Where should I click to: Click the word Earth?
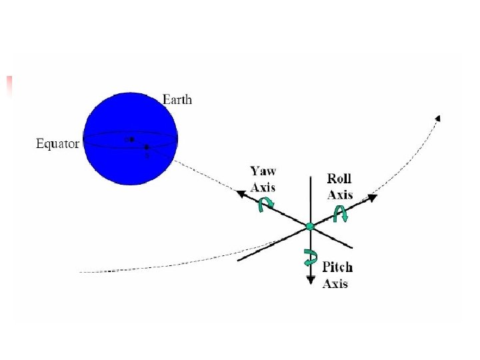[177, 99]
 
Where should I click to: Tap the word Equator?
[57, 143]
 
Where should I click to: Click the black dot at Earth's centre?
[132, 139]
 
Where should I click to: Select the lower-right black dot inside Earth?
[147, 147]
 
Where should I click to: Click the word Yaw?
[263, 171]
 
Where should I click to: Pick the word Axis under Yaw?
[263, 187]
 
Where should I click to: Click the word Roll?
[339, 179]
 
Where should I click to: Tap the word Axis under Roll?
[340, 195]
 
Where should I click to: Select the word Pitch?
[337, 267]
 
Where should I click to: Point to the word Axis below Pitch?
[335, 283]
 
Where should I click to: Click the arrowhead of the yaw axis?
[241, 193]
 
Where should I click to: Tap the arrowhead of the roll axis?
[372, 198]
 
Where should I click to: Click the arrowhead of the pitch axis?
[311, 280]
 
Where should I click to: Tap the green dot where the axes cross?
[310, 227]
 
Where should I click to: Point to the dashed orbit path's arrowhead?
[438, 118]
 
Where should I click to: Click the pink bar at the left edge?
[9, 87]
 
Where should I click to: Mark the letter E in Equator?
[39, 143]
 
